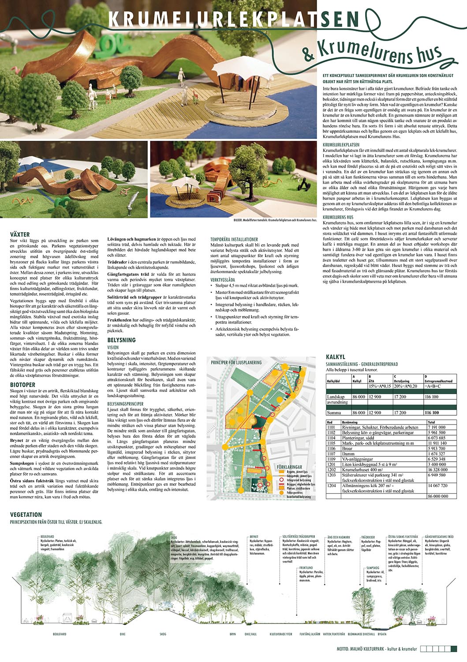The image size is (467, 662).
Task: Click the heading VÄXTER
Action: point(20,234)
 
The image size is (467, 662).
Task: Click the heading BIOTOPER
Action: point(23,385)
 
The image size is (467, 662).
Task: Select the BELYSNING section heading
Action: point(122,340)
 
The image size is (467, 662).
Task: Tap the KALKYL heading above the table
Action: point(336,357)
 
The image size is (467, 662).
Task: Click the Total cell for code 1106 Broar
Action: point(437,448)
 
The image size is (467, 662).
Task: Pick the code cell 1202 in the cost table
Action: point(331,470)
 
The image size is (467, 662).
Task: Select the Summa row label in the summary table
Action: point(334,413)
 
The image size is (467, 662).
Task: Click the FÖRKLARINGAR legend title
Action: point(290,466)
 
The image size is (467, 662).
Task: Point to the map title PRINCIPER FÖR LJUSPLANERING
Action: point(236,362)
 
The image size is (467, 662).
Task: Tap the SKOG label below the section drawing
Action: point(163,634)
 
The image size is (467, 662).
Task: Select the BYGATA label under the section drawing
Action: point(382,634)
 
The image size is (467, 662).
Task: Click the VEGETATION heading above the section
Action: point(26,515)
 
